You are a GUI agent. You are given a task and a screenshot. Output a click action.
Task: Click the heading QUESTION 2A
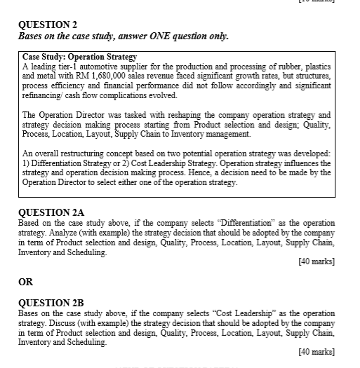[51, 212]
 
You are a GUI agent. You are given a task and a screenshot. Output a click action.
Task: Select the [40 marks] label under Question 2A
[316, 261]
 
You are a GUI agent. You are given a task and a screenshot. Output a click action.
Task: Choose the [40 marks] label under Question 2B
[316, 350]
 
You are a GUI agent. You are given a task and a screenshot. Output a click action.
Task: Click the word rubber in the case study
[291, 65]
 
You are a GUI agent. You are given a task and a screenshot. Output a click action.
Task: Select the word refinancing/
[44, 95]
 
